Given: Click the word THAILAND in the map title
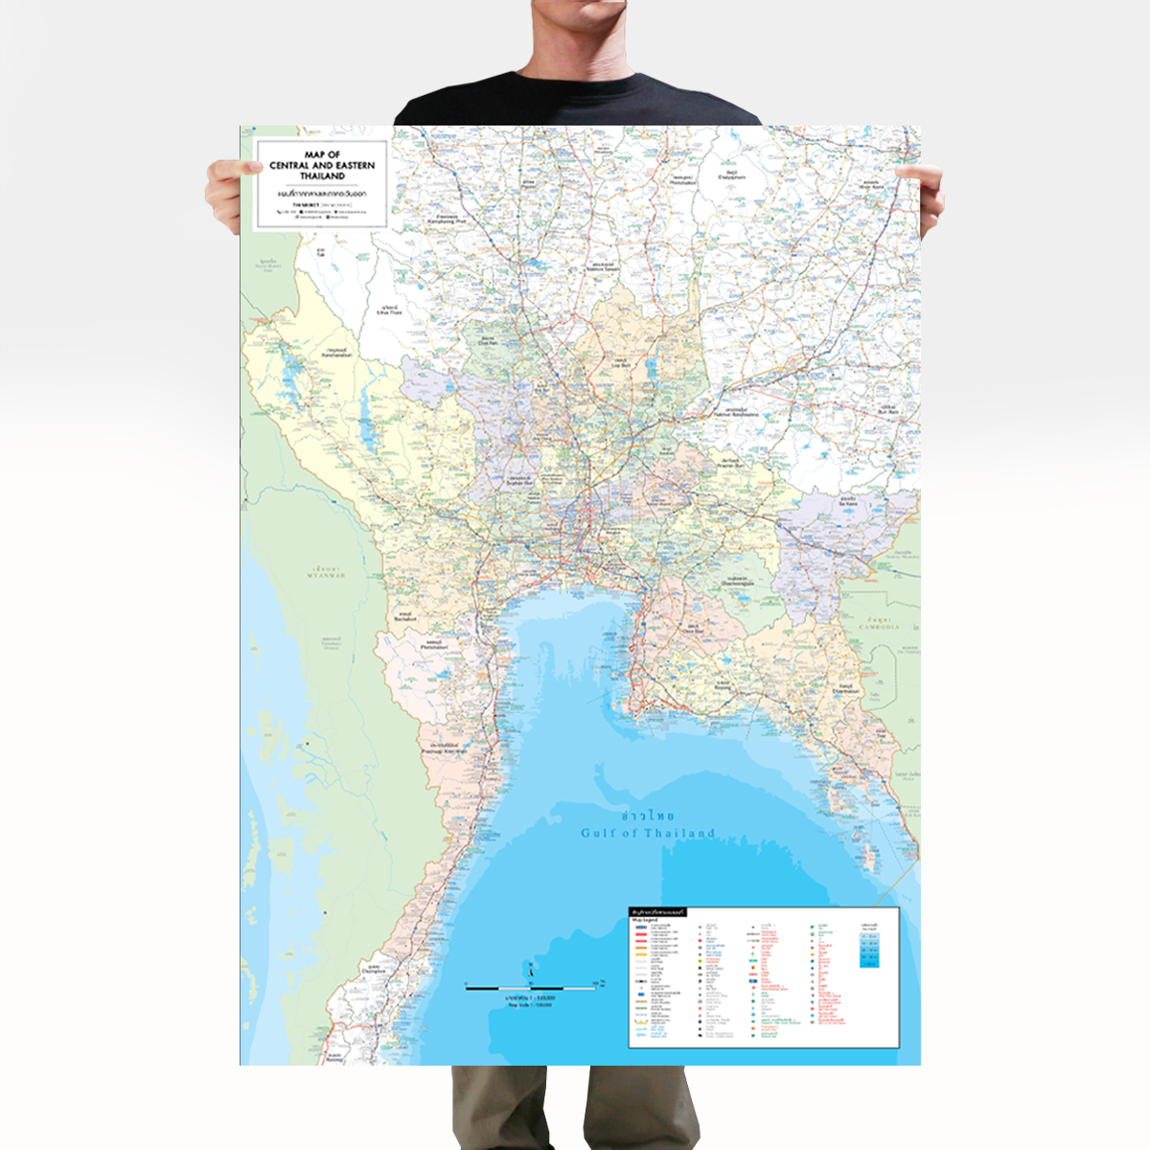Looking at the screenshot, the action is point(322,176).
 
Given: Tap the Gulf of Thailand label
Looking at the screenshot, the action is point(648,833).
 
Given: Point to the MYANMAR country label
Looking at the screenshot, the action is point(326,575).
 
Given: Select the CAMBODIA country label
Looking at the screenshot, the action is point(879,626).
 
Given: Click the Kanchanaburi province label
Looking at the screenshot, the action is point(337,354).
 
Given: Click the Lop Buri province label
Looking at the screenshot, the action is point(622,364).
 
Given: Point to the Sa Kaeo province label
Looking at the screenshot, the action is point(848,501).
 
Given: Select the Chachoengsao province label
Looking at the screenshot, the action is point(737,582).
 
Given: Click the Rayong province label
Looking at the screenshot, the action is point(722,686).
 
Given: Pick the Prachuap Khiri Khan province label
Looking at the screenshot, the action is point(445,748).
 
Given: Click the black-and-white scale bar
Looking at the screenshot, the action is point(530,986).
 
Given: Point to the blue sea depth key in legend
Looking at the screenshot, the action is point(869,948).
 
